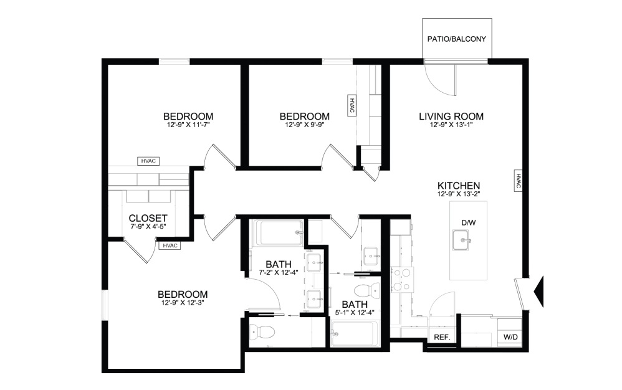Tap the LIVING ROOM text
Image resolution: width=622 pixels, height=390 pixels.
pyautogui.click(x=451, y=117)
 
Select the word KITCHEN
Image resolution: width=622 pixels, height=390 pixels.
pyautogui.click(x=457, y=186)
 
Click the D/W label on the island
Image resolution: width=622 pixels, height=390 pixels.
pyautogui.click(x=468, y=222)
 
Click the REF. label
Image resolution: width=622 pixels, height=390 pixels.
pyautogui.click(x=442, y=337)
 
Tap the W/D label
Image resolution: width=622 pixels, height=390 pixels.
pyautogui.click(x=510, y=337)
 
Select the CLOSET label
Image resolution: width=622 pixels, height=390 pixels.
pyautogui.click(x=148, y=218)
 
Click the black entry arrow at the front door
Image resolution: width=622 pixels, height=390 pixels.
pyautogui.click(x=540, y=290)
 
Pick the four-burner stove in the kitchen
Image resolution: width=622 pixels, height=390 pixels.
pyautogui.click(x=401, y=279)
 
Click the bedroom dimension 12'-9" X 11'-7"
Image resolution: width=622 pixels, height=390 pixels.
pyautogui.click(x=188, y=125)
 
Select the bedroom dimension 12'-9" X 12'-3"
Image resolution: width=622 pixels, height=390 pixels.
pyautogui.click(x=182, y=303)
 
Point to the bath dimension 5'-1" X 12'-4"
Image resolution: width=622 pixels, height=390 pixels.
pyautogui.click(x=353, y=313)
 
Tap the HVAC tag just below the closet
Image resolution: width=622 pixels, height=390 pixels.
pyautogui.click(x=170, y=245)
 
